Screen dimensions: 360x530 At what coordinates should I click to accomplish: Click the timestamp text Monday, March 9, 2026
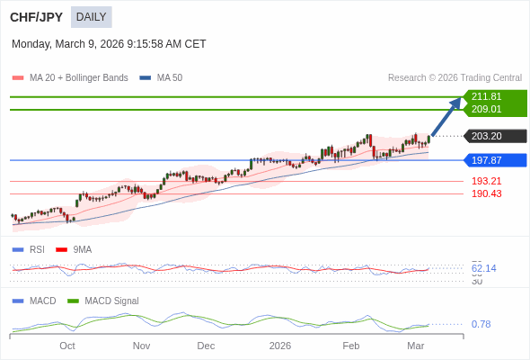[109, 43]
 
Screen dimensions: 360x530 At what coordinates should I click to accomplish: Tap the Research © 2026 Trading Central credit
[455, 77]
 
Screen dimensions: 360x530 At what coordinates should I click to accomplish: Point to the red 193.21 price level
[486, 181]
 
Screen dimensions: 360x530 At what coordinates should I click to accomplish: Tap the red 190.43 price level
[486, 193]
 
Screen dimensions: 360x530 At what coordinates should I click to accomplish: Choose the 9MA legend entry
[82, 249]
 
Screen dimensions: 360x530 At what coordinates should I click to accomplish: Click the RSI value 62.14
[483, 268]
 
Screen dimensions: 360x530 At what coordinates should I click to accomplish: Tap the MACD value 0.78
[481, 324]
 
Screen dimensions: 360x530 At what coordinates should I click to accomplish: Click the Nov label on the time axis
[141, 346]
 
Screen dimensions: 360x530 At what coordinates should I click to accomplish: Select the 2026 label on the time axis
[280, 346]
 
